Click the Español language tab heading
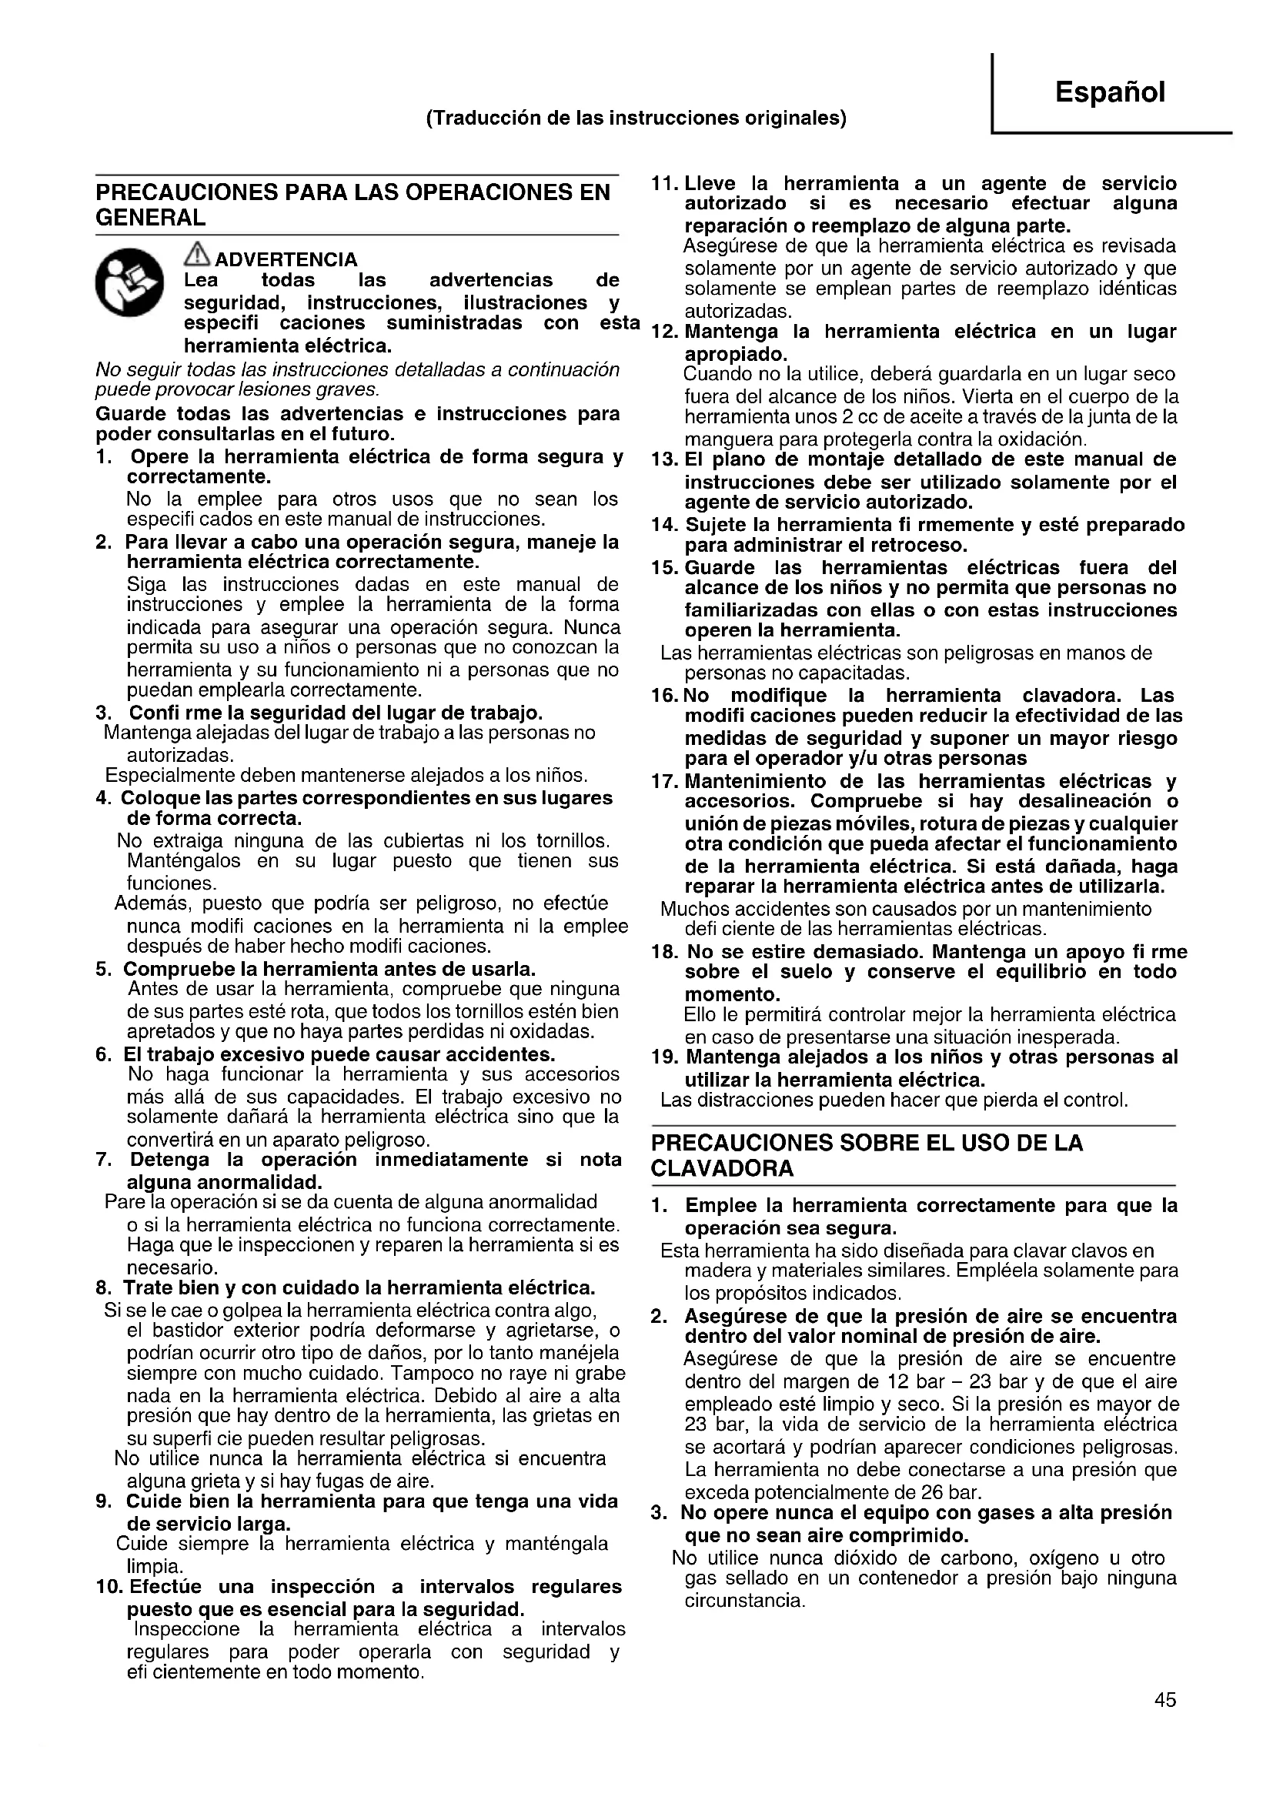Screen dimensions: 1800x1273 point(1109,92)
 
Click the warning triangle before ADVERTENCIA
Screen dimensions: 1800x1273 point(197,255)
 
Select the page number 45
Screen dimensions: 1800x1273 point(1164,1722)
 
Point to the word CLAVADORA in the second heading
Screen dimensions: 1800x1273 point(722,1169)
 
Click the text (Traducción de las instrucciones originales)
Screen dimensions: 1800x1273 point(636,119)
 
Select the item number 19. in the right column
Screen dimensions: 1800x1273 point(664,1057)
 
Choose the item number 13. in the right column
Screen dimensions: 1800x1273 point(664,459)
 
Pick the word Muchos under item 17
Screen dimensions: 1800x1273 point(690,910)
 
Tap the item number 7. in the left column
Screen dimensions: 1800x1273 point(102,1160)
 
